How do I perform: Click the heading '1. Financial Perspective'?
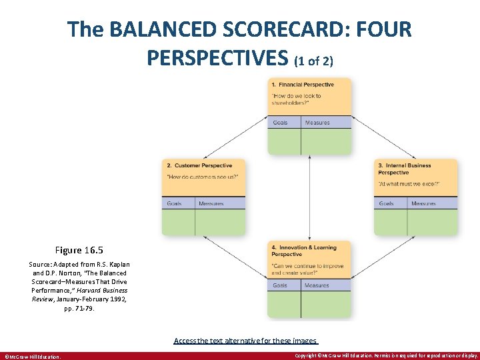click(302, 85)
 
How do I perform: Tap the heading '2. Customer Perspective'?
click(199, 165)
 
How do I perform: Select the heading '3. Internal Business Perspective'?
click(405, 169)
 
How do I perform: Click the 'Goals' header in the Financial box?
click(280, 123)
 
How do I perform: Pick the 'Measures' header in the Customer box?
click(211, 203)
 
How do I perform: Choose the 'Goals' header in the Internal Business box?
click(387, 203)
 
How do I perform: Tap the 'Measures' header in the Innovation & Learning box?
click(317, 285)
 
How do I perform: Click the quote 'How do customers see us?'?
click(202, 177)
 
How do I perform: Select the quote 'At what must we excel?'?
click(408, 183)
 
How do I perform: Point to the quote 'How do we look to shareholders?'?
click(296, 99)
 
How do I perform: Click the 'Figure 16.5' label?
click(79, 250)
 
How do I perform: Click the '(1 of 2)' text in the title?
click(313, 61)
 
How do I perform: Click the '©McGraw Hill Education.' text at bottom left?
click(33, 356)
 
